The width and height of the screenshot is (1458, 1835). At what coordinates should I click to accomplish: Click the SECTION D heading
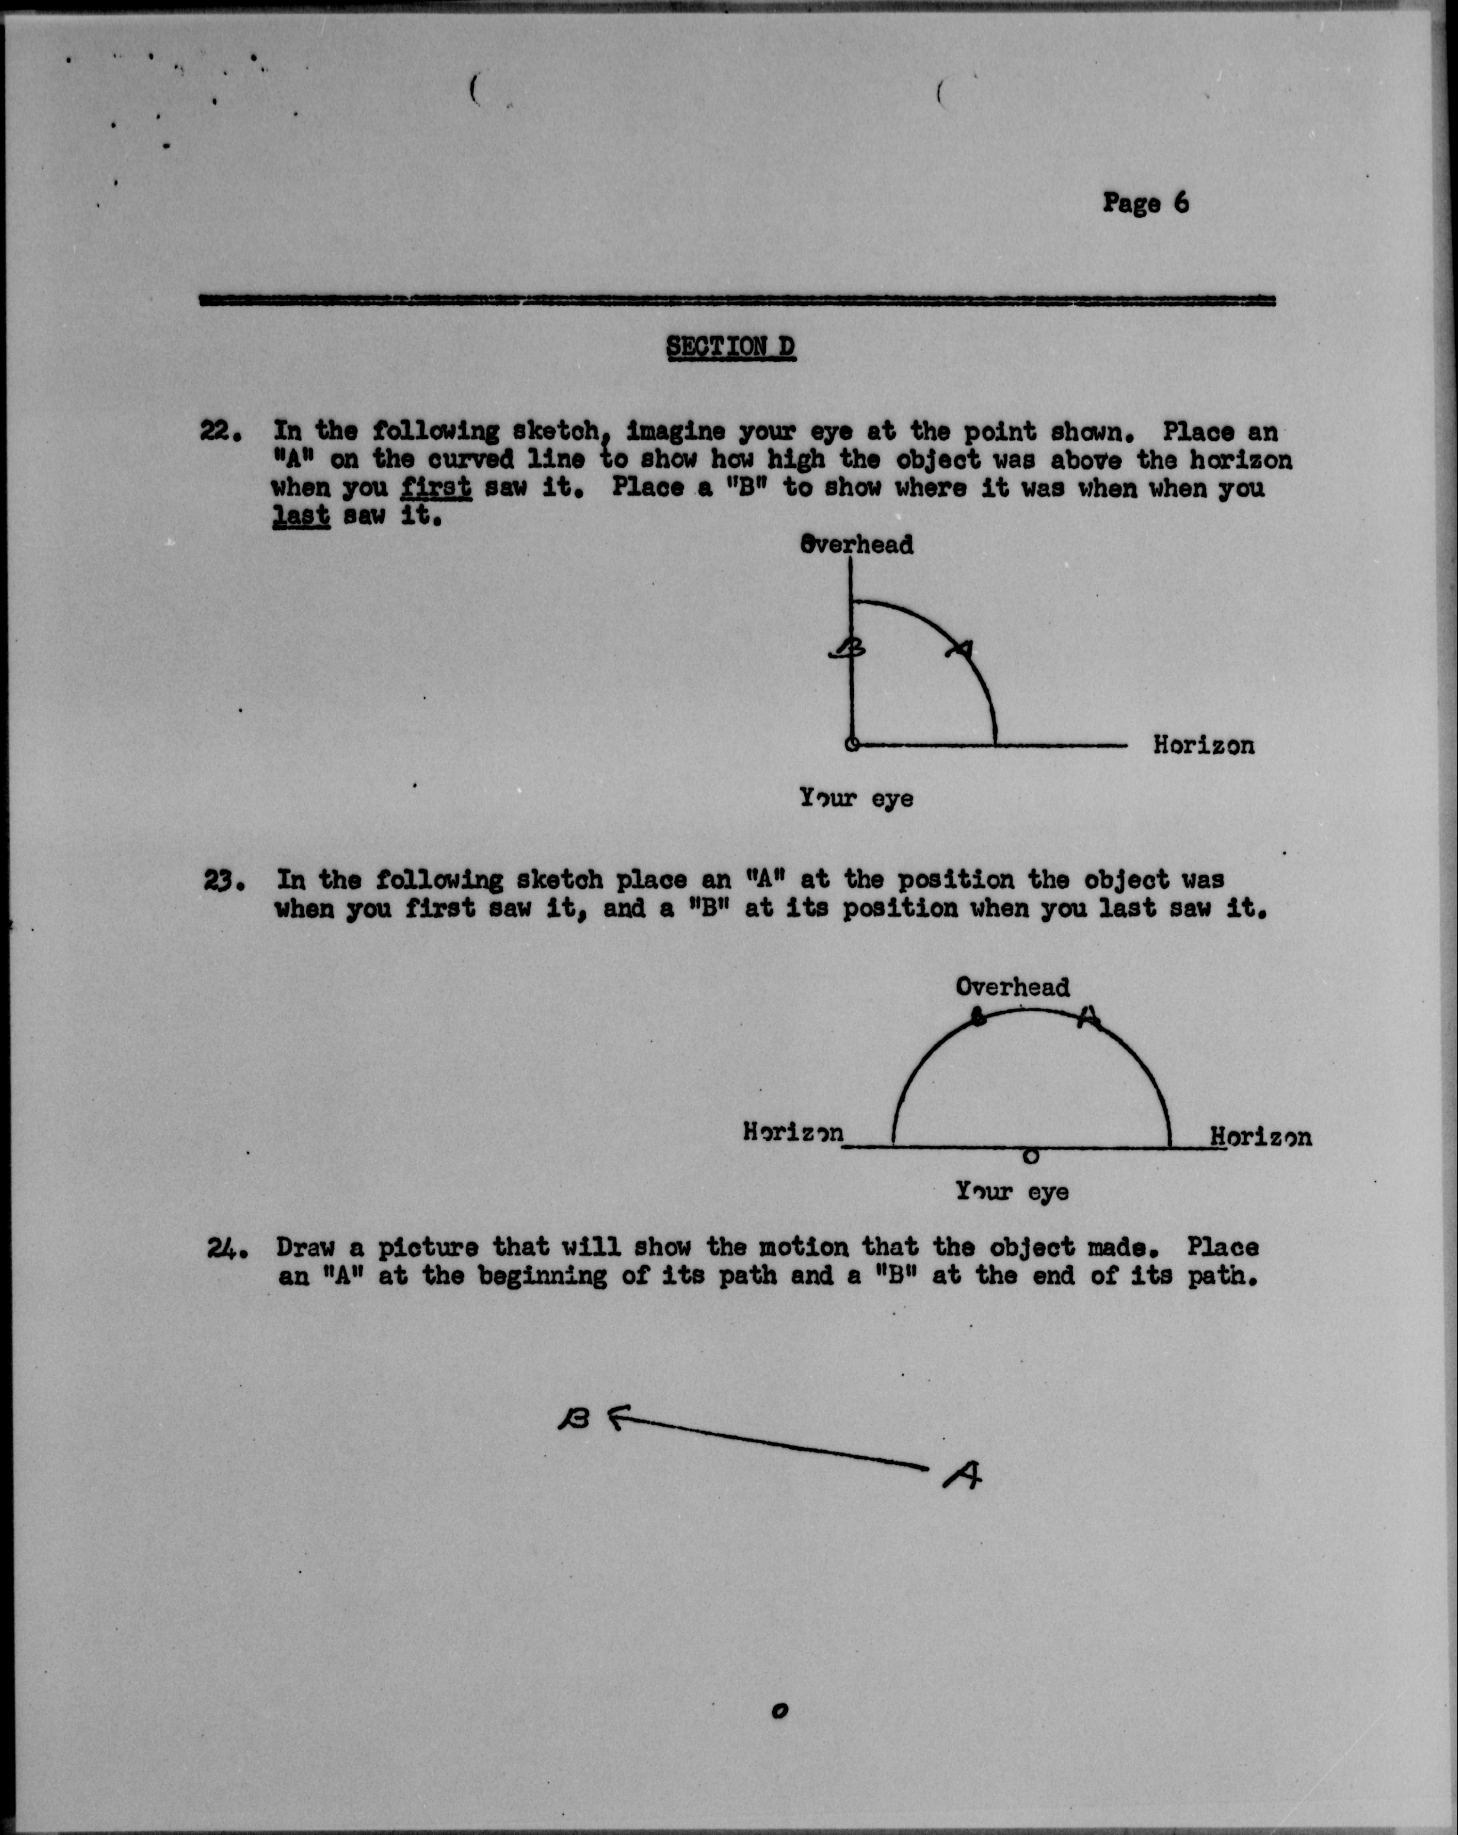point(731,347)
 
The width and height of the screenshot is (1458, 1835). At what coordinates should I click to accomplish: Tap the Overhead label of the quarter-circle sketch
point(857,545)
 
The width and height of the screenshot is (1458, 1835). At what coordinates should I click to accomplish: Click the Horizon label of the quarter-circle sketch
point(1204,746)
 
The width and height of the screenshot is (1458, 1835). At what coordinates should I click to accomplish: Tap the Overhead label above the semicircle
point(1012,987)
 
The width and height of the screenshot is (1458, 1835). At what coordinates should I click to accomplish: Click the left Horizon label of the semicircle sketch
point(793,1133)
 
